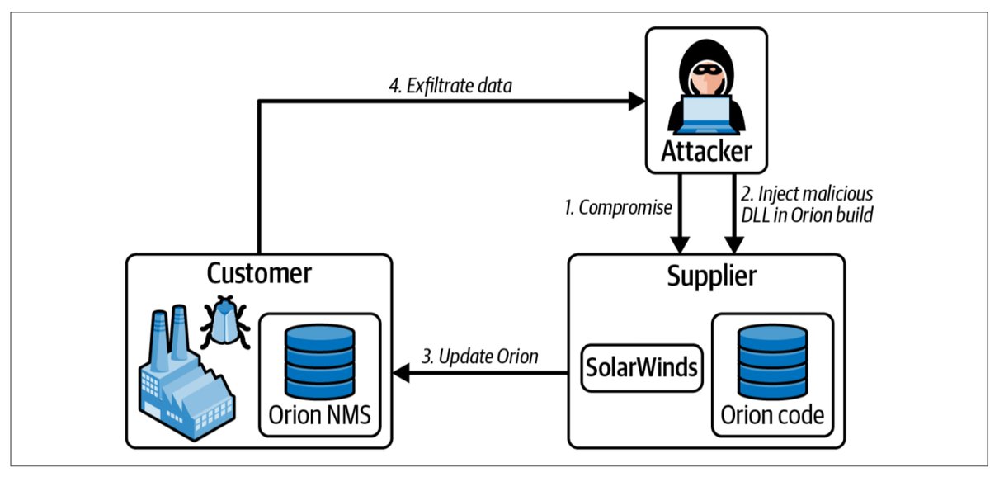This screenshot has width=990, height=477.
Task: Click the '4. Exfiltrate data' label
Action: (452, 85)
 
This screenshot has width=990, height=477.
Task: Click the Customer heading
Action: (257, 273)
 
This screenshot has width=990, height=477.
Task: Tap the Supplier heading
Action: (710, 276)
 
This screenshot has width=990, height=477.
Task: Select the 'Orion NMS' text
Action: (320, 414)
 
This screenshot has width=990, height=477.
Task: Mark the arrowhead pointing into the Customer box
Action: (401, 373)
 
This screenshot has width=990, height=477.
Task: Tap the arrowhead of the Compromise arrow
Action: (680, 246)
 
